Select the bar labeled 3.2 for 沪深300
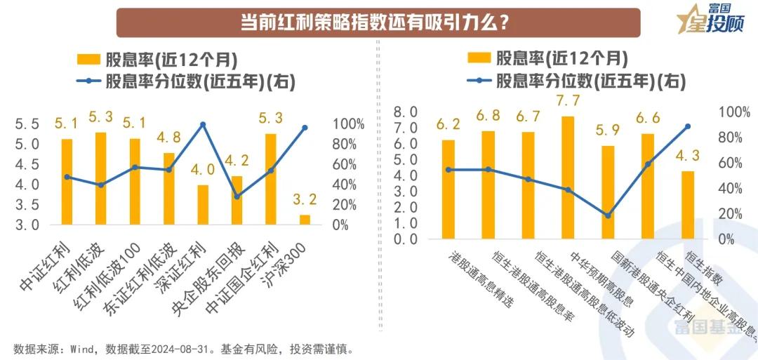coord(305,220)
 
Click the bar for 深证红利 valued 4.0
coord(202,205)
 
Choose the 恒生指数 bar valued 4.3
coord(688,204)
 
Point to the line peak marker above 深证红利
coord(203,124)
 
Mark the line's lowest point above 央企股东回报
coord(237,196)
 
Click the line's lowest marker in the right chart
coord(608,215)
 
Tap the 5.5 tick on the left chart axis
coord(27,124)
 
